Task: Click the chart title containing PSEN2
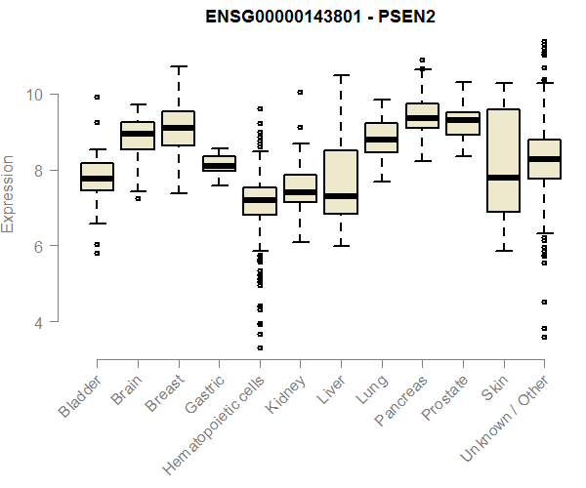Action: (320, 17)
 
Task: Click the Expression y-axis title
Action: (10, 193)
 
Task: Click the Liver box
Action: (341, 182)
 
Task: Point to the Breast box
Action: (178, 129)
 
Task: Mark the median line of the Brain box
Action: (137, 134)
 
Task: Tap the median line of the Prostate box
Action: (462, 120)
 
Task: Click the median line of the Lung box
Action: (381, 140)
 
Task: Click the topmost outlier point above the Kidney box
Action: (300, 93)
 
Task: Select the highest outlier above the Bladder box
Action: (97, 97)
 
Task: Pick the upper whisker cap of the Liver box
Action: (341, 75)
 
